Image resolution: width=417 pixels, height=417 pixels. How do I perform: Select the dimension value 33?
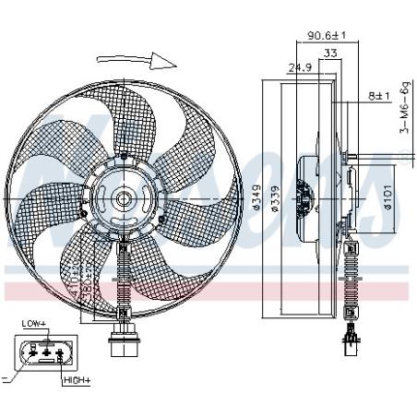click(328, 54)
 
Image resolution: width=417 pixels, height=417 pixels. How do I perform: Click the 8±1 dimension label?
click(380, 95)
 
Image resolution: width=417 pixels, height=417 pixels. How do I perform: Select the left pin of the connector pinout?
click(33, 351)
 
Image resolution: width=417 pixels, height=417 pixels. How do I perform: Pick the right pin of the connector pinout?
click(58, 352)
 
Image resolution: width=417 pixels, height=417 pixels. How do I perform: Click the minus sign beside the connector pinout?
click(6, 379)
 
